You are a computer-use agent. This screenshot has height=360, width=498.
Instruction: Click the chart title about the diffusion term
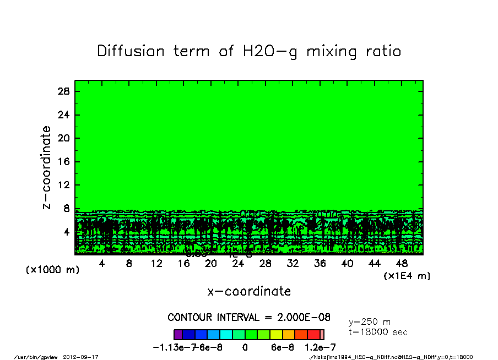[249, 51]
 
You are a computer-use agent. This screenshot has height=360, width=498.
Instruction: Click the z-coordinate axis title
[47, 167]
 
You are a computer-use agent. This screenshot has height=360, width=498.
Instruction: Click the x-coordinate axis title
[249, 291]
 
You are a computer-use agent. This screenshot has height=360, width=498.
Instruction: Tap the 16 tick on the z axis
[63, 162]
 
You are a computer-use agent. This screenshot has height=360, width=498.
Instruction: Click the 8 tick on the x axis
[129, 264]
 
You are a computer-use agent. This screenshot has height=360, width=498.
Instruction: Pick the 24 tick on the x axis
[238, 264]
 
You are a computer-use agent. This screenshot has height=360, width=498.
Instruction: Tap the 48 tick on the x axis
[402, 264]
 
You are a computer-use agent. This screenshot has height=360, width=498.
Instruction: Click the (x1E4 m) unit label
[407, 276]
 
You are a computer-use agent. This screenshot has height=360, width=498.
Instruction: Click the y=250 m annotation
[370, 322]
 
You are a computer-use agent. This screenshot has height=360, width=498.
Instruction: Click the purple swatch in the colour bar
[178, 334]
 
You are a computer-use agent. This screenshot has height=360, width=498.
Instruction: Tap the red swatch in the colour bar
[313, 334]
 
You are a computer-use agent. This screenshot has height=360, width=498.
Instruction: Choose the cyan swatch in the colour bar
[226, 334]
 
